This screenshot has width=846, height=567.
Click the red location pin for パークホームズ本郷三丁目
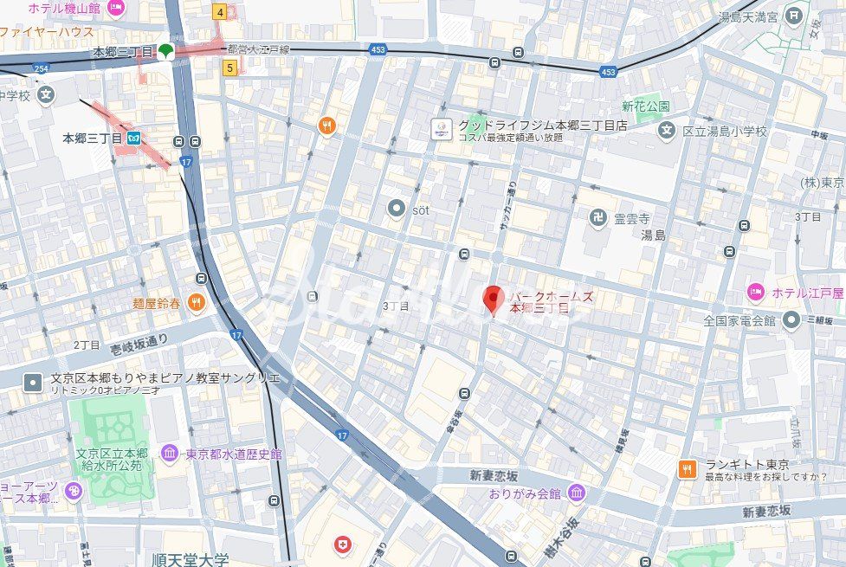(493, 300)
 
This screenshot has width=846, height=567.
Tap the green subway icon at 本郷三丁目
(166, 51)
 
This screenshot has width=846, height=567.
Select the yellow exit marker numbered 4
(221, 12)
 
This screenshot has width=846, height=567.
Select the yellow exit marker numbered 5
(229, 67)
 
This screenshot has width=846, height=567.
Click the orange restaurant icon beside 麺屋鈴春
(197, 302)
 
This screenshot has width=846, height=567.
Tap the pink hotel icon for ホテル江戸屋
(756, 293)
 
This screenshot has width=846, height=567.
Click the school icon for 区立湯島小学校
(666, 131)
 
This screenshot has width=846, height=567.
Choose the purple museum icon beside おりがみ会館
(577, 493)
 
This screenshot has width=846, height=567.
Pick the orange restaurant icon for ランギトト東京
(687, 468)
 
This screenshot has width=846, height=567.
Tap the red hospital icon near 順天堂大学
(343, 544)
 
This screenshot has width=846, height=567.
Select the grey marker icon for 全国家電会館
(791, 320)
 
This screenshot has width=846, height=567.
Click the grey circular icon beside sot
(397, 208)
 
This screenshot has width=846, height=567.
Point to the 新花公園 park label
(644, 106)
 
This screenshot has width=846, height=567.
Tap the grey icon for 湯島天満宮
(795, 15)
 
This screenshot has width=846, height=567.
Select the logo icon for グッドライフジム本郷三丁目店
(442, 130)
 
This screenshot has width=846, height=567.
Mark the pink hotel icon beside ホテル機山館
(117, 8)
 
